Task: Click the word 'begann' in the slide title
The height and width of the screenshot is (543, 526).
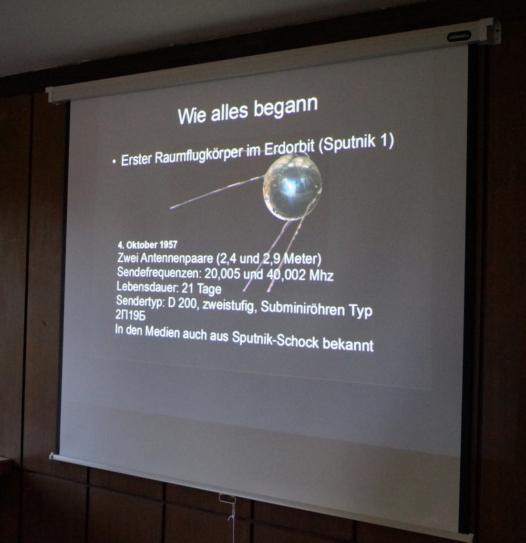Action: [x=286, y=108]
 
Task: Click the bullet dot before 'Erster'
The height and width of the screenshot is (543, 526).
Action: [x=114, y=161]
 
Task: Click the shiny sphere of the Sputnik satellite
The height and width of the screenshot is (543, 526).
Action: [x=292, y=187]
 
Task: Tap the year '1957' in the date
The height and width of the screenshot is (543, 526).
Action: [x=168, y=245]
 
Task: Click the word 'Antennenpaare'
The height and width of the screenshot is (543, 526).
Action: [x=176, y=258]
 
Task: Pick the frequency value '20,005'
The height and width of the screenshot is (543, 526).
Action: [x=222, y=273]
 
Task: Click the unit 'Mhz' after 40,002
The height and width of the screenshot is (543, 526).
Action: [x=321, y=276]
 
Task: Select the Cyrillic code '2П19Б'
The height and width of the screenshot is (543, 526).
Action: [x=130, y=315]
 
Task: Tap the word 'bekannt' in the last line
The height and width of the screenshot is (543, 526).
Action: [x=348, y=344]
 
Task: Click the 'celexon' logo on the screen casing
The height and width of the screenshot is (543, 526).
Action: [x=459, y=36]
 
